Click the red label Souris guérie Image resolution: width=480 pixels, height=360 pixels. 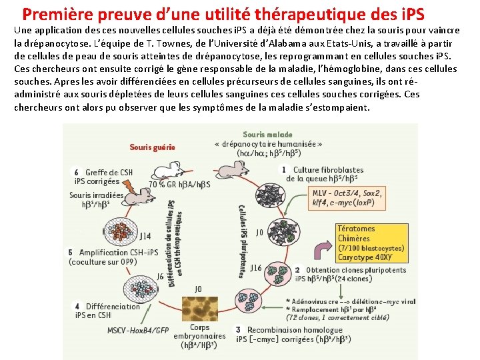click(x=152, y=147)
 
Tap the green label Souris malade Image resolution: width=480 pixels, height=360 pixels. click(x=267, y=134)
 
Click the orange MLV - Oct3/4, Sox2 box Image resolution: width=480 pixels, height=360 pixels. click(x=347, y=198)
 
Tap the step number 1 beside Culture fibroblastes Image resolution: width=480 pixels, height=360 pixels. click(x=284, y=169)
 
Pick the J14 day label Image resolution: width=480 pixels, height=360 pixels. click(x=145, y=235)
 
